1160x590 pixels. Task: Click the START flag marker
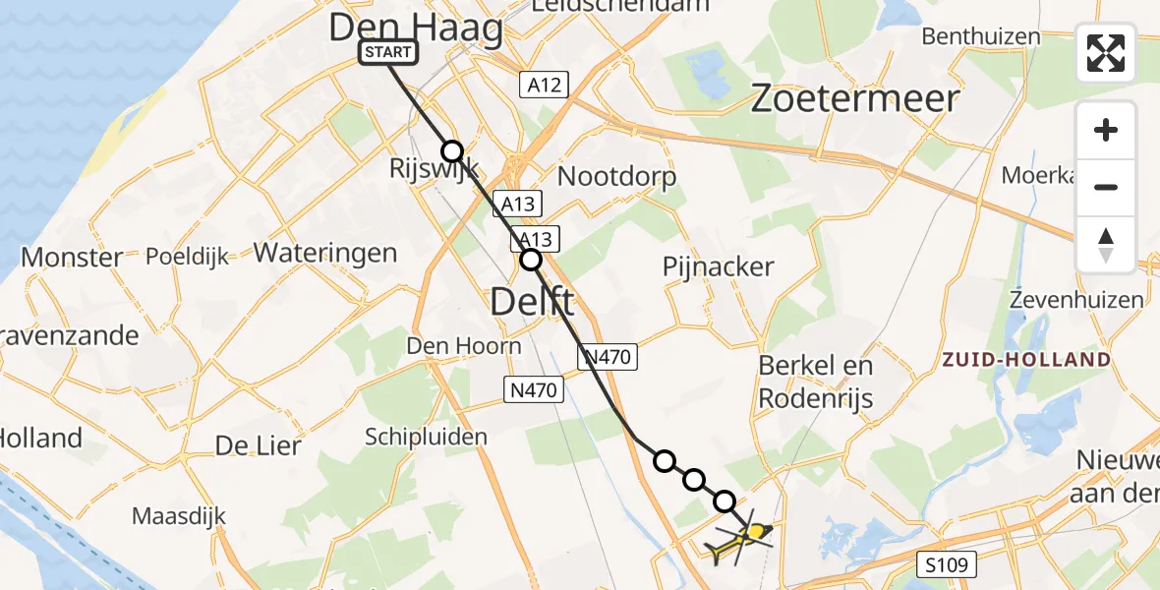389,53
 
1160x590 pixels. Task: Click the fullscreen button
1106,53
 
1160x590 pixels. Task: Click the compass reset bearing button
1106,245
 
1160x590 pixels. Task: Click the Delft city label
532,303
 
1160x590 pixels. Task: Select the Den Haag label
416,28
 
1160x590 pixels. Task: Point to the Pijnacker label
718,266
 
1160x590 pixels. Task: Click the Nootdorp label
616,177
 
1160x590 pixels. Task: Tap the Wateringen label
325,253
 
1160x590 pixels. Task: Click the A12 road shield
544,85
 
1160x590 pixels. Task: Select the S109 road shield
949,564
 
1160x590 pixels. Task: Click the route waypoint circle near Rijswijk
451,150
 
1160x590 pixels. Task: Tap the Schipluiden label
426,437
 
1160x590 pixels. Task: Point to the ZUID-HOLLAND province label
1026,360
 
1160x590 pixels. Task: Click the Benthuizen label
980,37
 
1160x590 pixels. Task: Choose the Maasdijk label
179,515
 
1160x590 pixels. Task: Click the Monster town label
72,258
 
